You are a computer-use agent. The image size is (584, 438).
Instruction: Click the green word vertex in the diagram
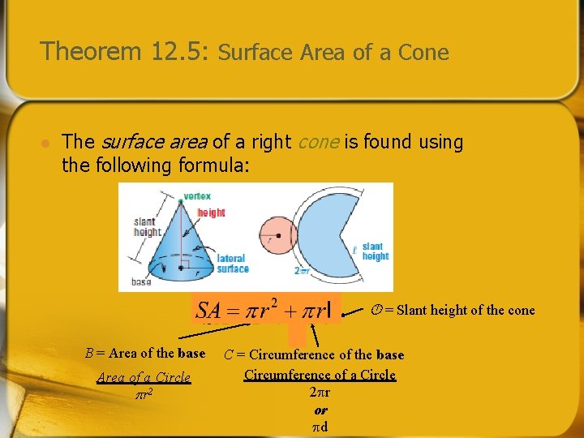[x=198, y=195]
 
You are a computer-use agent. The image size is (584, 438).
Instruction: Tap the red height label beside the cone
[x=211, y=213]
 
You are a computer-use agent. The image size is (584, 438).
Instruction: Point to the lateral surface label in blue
[x=233, y=264]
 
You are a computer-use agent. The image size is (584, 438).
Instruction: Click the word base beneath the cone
[x=141, y=282]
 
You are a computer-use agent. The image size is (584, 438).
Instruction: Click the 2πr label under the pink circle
[x=302, y=271]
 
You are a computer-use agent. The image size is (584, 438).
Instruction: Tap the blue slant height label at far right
[x=376, y=251]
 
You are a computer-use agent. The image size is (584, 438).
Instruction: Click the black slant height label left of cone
[x=147, y=227]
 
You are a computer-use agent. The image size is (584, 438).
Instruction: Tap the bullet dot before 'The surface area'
[x=46, y=143]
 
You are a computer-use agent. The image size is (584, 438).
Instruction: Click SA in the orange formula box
[x=208, y=310]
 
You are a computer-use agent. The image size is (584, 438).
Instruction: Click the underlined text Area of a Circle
[x=144, y=377]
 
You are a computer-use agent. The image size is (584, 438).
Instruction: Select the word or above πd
[x=320, y=410]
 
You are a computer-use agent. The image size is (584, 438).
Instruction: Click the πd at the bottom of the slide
[x=320, y=426]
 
